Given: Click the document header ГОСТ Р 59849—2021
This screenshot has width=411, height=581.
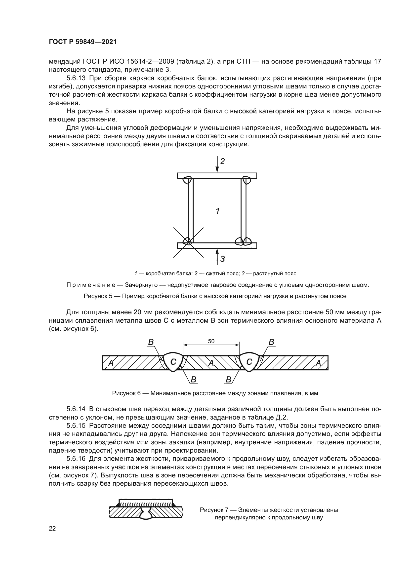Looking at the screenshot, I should click(x=82, y=42).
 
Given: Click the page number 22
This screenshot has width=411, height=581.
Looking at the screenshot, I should click(x=52, y=528).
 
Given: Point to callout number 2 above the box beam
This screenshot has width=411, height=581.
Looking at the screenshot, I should click(x=222, y=161).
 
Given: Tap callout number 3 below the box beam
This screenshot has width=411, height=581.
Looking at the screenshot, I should click(x=222, y=259).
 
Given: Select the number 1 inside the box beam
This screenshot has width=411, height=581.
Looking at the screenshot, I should click(x=218, y=211).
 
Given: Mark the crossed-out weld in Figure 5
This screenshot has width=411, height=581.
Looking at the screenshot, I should click(x=188, y=242).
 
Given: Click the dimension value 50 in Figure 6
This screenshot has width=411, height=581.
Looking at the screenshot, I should click(x=211, y=341).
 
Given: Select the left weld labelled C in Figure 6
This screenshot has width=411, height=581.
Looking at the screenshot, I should click(x=173, y=362).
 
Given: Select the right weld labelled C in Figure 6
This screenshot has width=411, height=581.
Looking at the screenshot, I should click(x=249, y=362).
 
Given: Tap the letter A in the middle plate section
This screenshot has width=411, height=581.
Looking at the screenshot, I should click(x=211, y=363).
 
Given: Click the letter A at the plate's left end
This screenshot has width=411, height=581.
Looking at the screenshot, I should click(x=111, y=363).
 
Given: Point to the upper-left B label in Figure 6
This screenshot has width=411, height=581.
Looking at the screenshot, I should click(x=151, y=342).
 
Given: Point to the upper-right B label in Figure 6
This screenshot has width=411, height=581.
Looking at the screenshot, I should click(x=271, y=342).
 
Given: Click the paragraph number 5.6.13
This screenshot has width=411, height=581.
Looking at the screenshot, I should click(x=76, y=78).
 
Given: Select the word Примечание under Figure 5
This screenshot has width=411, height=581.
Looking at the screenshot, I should click(x=91, y=285).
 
